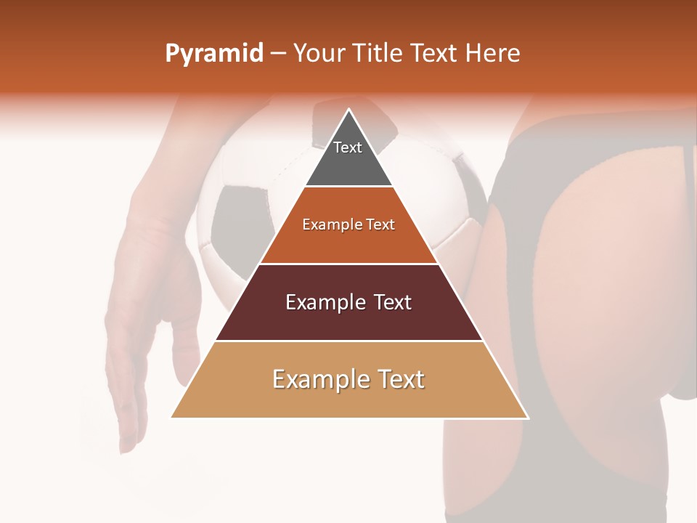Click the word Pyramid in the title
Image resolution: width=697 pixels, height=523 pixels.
(x=213, y=54)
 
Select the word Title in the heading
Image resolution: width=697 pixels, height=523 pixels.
(x=375, y=54)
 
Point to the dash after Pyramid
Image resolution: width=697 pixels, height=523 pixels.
(x=278, y=54)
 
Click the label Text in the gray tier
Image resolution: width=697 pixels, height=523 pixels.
(x=348, y=147)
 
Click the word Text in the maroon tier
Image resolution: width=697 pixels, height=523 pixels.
(x=389, y=302)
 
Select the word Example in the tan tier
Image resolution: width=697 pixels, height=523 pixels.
(x=313, y=379)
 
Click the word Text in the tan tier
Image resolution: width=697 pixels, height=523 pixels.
(x=397, y=379)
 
